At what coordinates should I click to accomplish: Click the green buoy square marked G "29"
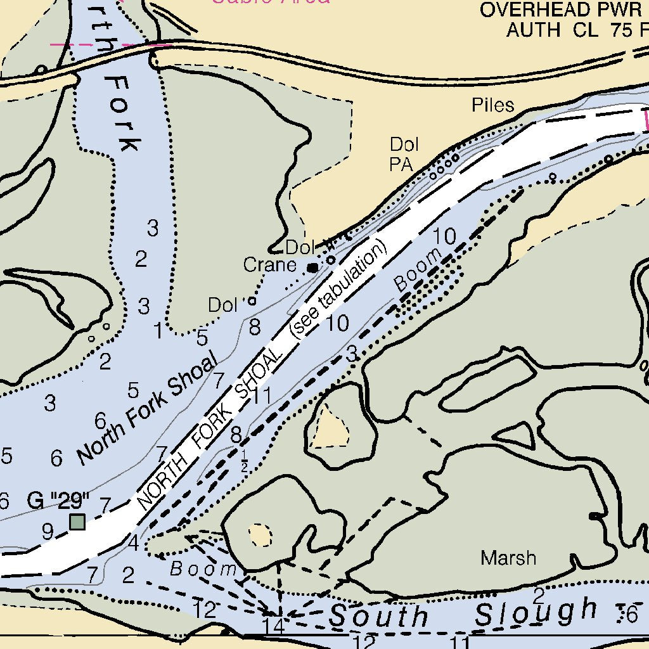77,522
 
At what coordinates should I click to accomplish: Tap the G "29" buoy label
58,501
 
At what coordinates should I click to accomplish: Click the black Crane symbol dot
312,268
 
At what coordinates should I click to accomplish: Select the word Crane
270,265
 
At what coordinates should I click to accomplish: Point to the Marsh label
508,558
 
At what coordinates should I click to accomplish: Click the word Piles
493,105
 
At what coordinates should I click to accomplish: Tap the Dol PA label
404,155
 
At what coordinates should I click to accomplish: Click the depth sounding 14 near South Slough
274,626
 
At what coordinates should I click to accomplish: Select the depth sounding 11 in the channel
261,396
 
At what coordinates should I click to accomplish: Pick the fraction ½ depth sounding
245,462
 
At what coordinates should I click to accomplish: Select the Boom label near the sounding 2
203,569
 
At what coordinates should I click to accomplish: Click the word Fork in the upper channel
121,114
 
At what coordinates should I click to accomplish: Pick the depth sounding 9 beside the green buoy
48,531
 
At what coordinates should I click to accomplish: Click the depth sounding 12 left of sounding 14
205,610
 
